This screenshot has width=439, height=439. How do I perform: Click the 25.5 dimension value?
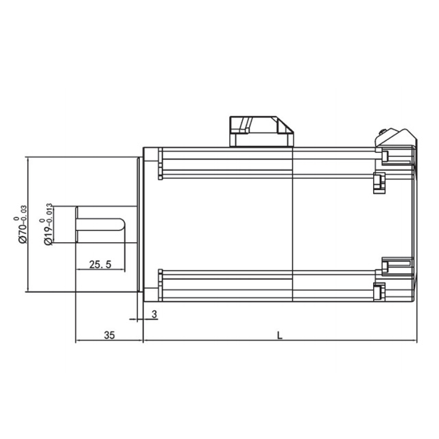coord(100,264)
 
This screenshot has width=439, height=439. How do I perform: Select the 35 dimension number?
coord(109,335)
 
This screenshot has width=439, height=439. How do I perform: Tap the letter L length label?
coord(280,335)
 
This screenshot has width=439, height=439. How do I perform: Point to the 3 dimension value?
coord(154,314)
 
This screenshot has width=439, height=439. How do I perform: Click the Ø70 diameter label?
coord(23,233)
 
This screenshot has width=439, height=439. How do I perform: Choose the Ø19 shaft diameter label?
coord(49,235)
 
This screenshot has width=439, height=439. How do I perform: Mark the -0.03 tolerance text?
coord(24,214)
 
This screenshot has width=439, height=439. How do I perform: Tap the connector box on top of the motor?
coord(262,131)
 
